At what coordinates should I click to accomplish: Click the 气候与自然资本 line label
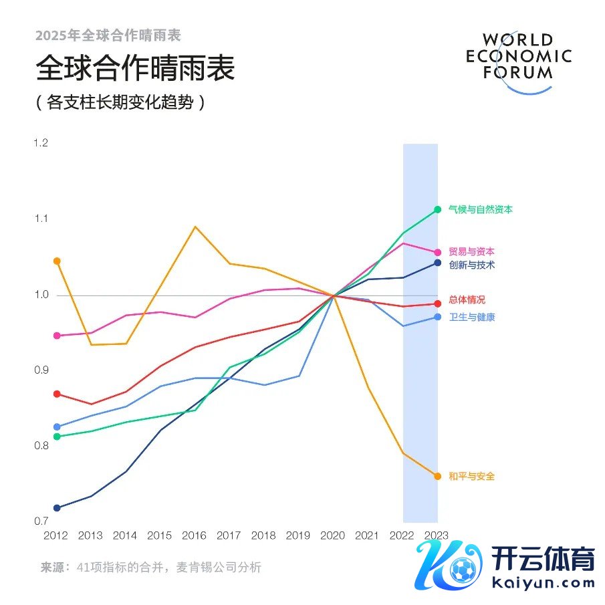(x=481, y=210)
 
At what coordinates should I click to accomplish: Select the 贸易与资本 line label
(x=471, y=252)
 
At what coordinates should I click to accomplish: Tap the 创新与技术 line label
(x=471, y=265)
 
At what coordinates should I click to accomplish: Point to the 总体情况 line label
(x=467, y=300)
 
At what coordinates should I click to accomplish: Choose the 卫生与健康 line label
(x=471, y=318)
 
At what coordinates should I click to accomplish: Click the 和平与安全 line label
(x=471, y=477)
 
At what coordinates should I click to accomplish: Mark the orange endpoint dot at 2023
(x=438, y=477)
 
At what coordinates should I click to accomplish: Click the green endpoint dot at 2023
(x=438, y=209)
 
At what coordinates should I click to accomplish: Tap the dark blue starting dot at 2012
(x=57, y=508)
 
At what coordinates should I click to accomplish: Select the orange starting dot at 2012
(x=57, y=261)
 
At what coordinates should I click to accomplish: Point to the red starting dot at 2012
(x=57, y=394)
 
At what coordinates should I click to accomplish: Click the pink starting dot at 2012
(x=57, y=336)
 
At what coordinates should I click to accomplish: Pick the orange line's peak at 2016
(x=195, y=227)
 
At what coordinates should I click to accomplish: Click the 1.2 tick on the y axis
(x=41, y=143)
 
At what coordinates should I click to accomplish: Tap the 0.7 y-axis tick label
(x=41, y=521)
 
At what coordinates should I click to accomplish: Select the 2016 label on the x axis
(x=195, y=536)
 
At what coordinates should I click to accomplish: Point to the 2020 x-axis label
(x=333, y=536)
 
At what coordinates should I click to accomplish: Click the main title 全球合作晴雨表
(x=135, y=68)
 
